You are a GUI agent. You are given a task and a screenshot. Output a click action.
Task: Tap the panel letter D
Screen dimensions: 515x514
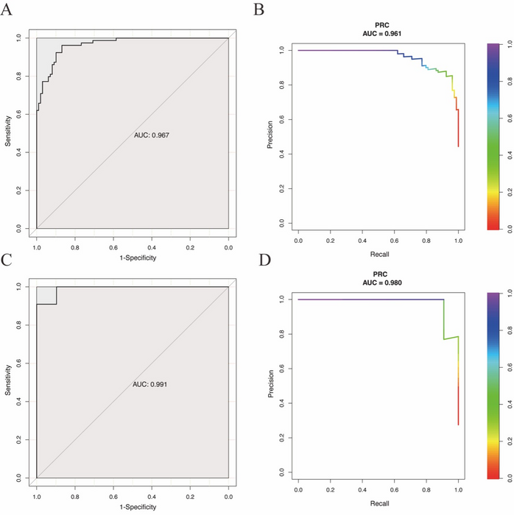258,259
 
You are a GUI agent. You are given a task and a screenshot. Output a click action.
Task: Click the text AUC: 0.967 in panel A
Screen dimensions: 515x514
151,135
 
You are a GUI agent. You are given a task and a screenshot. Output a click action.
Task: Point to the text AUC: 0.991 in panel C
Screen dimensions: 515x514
151,385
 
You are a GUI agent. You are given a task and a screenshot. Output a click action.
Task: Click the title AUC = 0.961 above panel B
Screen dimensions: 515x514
378,34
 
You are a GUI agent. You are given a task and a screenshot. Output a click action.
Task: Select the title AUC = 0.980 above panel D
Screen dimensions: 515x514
378,283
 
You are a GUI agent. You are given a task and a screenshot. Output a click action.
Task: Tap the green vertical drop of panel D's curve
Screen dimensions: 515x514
443,319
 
